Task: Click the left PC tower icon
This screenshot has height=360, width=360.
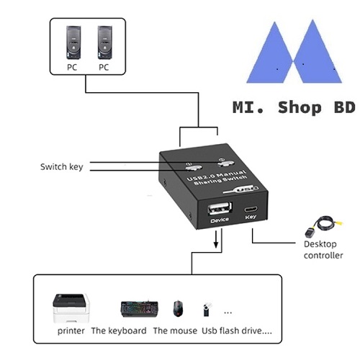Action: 73,42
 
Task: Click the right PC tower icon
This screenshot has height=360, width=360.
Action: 105,42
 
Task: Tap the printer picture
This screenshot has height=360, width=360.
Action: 71,308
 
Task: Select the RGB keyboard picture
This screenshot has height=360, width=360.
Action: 139,309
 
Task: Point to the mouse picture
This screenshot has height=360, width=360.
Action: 178,308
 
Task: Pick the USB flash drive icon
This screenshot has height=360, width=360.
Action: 207,310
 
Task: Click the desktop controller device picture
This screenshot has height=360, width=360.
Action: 323,226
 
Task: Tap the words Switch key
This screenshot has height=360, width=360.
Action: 62,166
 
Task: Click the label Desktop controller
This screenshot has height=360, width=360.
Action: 323,250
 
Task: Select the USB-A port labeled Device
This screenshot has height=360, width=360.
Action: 220,208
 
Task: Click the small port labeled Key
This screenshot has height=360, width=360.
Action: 251,210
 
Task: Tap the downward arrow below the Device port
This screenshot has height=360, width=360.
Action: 216,239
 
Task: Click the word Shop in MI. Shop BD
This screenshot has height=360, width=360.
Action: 300,108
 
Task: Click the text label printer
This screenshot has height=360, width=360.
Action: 71,331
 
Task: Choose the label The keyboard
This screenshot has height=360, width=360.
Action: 119,330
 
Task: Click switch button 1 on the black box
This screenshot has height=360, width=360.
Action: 194,168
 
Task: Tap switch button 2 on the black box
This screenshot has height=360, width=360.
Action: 225,163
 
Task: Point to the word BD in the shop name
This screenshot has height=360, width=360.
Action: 345,107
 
